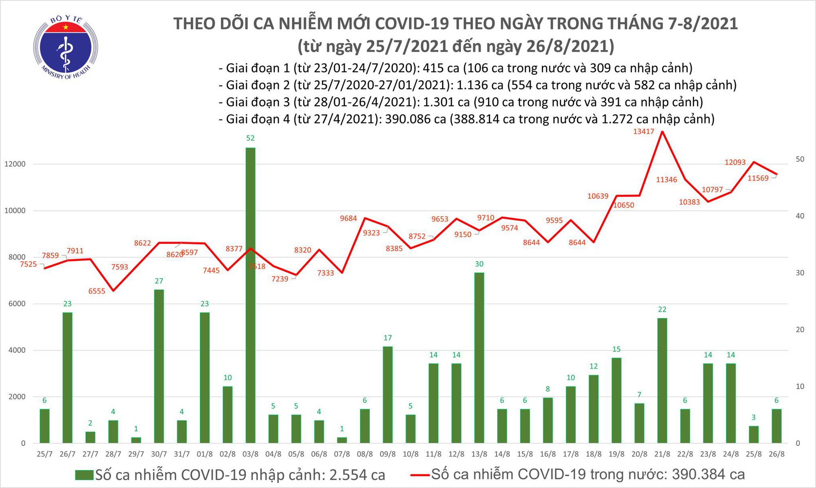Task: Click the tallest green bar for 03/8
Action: pyautogui.click(x=250, y=295)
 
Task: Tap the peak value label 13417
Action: pyautogui.click(x=643, y=131)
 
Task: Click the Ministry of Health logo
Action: pyautogui.click(x=65, y=47)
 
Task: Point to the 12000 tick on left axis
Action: pyautogui.click(x=15, y=164)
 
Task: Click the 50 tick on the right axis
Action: pyautogui.click(x=800, y=159)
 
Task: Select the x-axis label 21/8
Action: pyautogui.click(x=662, y=454)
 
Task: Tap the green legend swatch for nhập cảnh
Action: pyautogui.click(x=84, y=475)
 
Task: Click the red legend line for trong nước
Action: pyautogui.click(x=419, y=475)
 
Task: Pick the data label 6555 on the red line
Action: pyautogui.click(x=97, y=291)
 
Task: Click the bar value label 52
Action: pyautogui.click(x=250, y=138)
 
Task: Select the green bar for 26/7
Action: pyautogui.click(x=67, y=377)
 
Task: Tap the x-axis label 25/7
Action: pyautogui.click(x=44, y=454)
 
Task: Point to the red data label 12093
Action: pyautogui.click(x=735, y=162)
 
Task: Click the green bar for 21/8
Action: pyautogui.click(x=662, y=380)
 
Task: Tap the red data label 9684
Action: pyautogui.click(x=348, y=218)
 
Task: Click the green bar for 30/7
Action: pyautogui.click(x=159, y=366)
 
